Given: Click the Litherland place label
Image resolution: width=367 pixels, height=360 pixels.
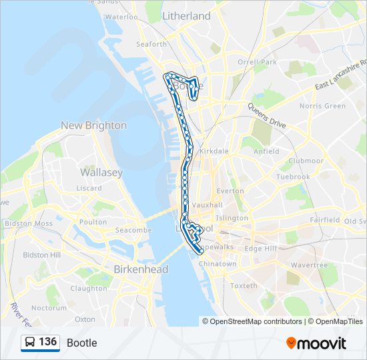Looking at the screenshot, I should coord(186,15).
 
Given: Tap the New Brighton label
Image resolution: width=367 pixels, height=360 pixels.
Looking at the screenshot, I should coord(93,125).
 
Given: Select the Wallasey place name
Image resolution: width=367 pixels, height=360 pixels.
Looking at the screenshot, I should coord(101,172).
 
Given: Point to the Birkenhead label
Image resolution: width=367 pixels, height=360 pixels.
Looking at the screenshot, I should coord(141,269).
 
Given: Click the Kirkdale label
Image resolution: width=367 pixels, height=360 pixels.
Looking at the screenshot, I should coord(213,151).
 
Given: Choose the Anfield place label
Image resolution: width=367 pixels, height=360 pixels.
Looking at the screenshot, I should coord(266,151).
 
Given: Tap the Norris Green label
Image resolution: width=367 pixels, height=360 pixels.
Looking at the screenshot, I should coord(322,106).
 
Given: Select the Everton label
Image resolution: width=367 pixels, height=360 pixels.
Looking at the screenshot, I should coord(230,191).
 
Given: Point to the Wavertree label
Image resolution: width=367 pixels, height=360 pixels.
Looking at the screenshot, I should coord(310,265).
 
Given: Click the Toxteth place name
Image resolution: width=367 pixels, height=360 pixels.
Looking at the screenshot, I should coord(244,286).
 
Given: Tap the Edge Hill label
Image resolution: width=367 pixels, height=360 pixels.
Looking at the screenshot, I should coord(260,249).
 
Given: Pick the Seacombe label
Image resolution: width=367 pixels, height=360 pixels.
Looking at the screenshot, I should coord(133,230).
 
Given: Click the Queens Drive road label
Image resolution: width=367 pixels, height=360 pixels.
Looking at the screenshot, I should coord(267,116).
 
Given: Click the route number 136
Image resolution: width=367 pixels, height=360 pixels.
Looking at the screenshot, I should coord(47,342).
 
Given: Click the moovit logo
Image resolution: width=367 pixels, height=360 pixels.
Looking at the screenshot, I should coord(316,343).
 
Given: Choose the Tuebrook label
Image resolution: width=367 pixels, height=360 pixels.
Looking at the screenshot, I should coord(293,177).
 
